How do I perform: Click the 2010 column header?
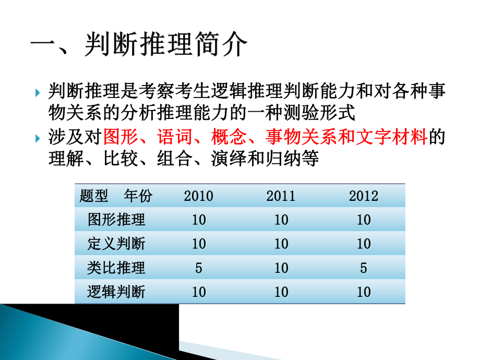point(199,196)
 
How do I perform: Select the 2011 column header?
point(281,196)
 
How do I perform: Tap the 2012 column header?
point(364,196)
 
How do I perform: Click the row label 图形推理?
point(117,220)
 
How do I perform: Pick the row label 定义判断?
point(117,244)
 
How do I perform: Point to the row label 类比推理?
point(117,268)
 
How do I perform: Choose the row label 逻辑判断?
point(117,292)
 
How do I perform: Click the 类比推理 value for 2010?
point(199,268)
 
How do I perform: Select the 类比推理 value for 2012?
point(364,268)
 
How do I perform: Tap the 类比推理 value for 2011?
point(281,268)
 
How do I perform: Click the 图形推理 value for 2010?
point(199,220)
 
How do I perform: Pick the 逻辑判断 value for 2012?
point(364,292)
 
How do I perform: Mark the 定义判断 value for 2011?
point(281,244)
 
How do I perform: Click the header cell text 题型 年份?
point(116,196)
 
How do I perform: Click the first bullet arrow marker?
point(38,93)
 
